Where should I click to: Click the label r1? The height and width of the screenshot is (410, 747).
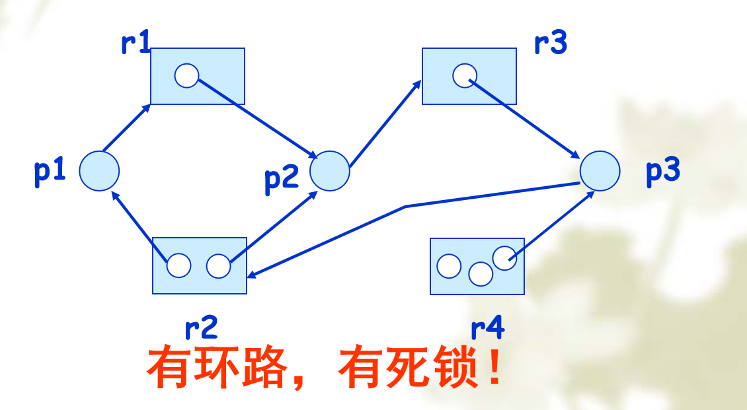click(136, 43)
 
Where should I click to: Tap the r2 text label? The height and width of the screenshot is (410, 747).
click(201, 326)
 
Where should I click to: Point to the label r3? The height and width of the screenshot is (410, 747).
click(550, 43)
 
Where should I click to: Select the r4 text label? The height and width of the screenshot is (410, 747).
click(488, 327)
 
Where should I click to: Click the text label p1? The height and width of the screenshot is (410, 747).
click(50, 171)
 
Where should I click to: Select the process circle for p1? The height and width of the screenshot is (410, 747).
click(99, 170)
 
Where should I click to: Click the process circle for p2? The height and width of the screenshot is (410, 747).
click(329, 170)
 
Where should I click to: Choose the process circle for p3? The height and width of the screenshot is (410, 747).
click(600, 170)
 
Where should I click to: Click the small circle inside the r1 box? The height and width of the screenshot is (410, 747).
click(186, 76)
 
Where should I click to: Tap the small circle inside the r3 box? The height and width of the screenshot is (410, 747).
click(465, 75)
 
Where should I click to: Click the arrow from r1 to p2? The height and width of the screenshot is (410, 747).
click(258, 117)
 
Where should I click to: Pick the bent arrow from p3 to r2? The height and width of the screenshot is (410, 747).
click(405, 207)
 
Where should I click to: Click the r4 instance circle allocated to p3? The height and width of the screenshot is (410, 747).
click(504, 258)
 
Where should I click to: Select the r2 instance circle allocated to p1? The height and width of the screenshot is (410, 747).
click(178, 265)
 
